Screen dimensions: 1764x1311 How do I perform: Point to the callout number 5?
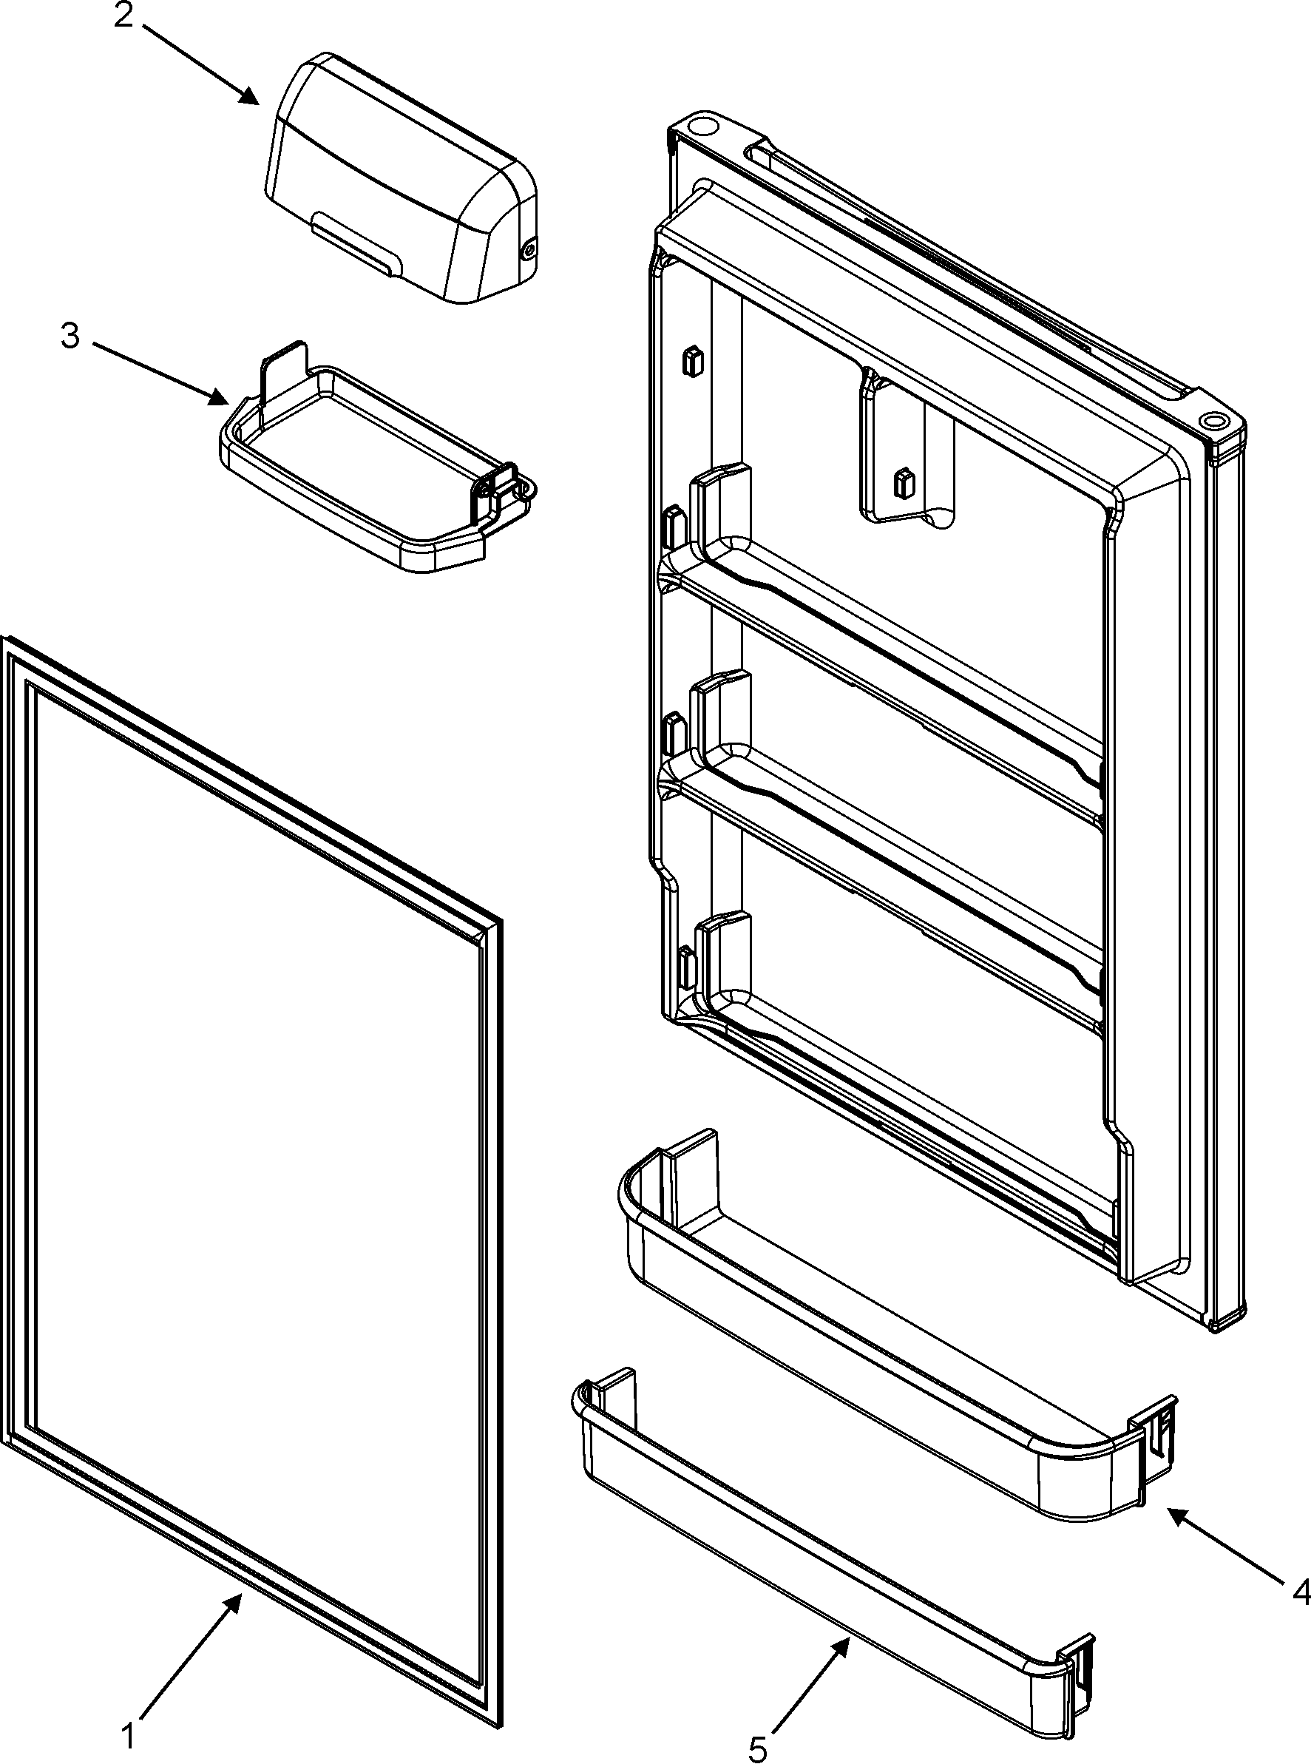[759, 1744]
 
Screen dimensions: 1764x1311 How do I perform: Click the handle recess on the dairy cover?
[355, 247]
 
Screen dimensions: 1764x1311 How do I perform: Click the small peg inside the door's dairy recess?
[903, 482]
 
